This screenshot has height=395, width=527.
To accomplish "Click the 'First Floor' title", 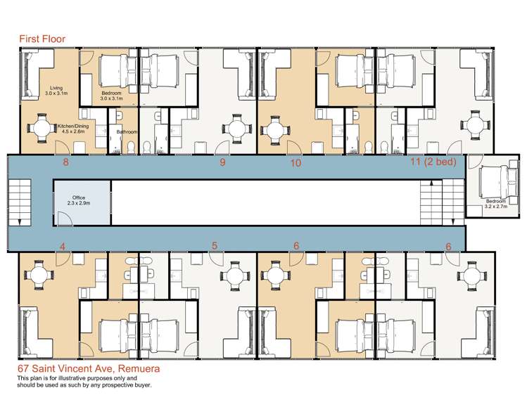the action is (42, 39).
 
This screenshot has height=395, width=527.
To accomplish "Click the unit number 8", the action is (66, 162).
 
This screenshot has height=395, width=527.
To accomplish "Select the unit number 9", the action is (222, 162).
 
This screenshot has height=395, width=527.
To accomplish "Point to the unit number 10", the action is (296, 163).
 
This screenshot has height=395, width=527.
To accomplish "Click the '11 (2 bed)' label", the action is (433, 162).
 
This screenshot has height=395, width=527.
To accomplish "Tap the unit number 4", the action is (63, 247).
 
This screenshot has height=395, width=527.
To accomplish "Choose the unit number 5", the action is (215, 246).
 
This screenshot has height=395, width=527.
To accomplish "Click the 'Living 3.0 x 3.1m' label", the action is (56, 90).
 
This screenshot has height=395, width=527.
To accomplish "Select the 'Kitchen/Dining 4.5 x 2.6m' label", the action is (73, 129).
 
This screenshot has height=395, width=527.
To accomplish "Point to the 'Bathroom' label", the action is (127, 132).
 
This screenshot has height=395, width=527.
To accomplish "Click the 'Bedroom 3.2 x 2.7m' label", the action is (496, 204).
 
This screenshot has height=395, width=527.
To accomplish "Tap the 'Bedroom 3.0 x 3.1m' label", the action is (112, 96).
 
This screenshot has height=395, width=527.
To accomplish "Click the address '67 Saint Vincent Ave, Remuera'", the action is (89, 369).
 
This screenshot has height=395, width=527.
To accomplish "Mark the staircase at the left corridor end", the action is (20, 202).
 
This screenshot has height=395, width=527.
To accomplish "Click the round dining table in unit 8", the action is (41, 129).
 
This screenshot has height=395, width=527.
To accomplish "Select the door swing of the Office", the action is (65, 219).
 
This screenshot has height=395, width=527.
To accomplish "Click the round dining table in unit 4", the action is (39, 276).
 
